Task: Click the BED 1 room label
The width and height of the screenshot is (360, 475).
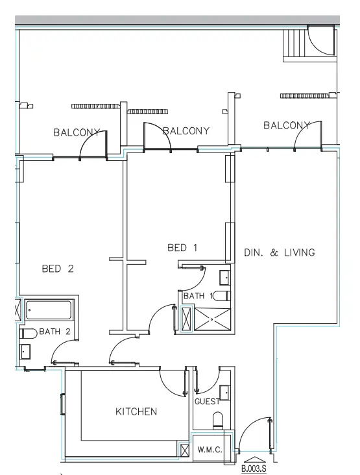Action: pyautogui.click(x=182, y=247)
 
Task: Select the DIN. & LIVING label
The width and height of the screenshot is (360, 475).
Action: pyautogui.click(x=279, y=252)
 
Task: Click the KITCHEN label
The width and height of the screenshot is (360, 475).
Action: pyautogui.click(x=136, y=411)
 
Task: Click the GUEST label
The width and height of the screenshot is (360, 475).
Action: pyautogui.click(x=206, y=402)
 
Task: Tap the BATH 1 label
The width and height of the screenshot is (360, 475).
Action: pyautogui.click(x=198, y=296)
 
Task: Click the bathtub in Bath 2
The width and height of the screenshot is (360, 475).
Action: pyautogui.click(x=51, y=310)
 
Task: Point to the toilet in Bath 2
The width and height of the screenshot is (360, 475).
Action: pyautogui.click(x=27, y=333)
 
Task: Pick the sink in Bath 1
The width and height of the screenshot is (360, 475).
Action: pyautogui.click(x=224, y=278)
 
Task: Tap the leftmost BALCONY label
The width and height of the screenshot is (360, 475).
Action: pyautogui.click(x=77, y=132)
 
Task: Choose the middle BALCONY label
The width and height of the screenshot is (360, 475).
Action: pyautogui.click(x=186, y=131)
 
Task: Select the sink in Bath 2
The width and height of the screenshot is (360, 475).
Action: pyautogui.click(x=25, y=351)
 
